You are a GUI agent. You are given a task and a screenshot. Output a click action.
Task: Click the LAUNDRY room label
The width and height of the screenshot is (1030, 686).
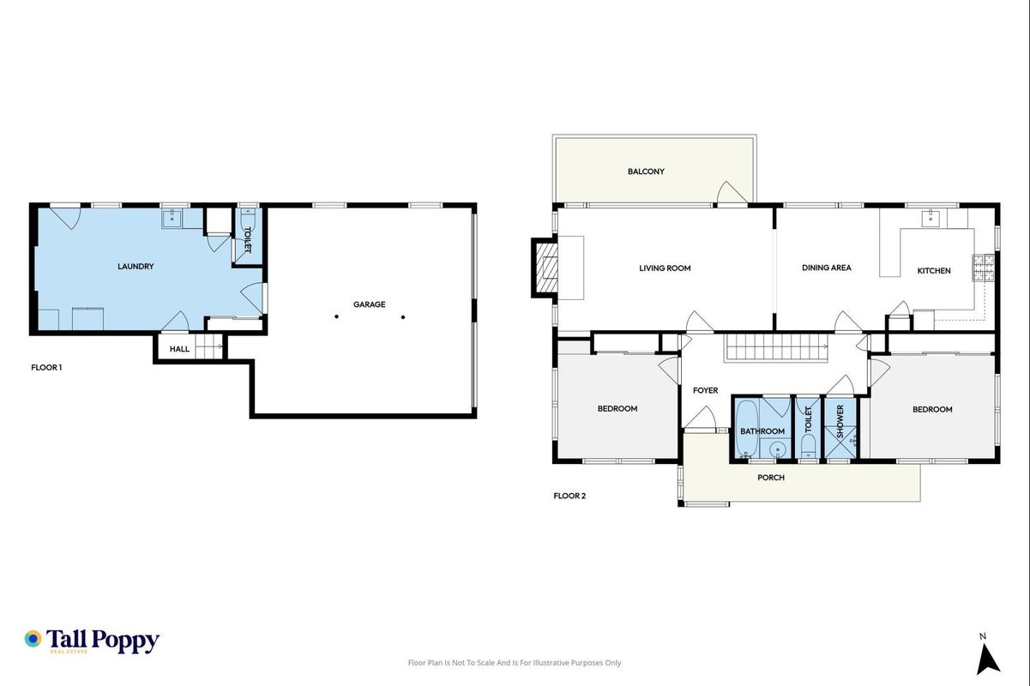tap(136, 266)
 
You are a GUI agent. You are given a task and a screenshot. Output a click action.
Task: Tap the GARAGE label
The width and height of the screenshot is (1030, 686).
tap(370, 304)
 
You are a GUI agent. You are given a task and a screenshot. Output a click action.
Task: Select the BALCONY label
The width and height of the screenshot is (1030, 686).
tap(646, 171)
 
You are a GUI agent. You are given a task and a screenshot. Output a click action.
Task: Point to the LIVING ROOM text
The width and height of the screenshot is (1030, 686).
tap(665, 268)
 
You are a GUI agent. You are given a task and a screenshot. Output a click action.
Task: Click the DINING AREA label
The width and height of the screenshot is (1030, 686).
tap(826, 268)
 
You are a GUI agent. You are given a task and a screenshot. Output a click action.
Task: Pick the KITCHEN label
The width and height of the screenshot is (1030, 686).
tap(934, 271)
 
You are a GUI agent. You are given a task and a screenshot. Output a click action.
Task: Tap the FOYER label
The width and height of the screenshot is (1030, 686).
tap(705, 390)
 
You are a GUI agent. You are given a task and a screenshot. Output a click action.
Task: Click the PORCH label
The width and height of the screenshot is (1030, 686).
tap(771, 478)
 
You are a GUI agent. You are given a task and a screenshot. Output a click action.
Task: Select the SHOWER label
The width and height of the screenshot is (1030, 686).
tap(840, 421)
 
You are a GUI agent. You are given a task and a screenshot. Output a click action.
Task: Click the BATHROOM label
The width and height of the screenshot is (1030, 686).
tap(762, 431)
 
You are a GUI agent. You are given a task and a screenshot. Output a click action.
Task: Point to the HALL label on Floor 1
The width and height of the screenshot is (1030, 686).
tap(179, 349)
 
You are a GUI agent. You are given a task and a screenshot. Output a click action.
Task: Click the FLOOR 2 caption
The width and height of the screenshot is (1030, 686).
tap(569, 496)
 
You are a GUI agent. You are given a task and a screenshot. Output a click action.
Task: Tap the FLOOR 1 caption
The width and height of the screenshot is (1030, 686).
tap(46, 367)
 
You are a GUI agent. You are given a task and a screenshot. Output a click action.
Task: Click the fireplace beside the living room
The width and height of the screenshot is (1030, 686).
tap(545, 268)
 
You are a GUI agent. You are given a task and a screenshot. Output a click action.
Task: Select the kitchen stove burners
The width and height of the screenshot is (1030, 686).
tap(983, 268)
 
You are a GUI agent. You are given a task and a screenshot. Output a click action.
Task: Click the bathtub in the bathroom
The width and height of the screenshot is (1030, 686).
tap(746, 429)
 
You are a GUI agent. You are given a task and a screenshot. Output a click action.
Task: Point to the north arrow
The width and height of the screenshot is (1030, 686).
tap(988, 659)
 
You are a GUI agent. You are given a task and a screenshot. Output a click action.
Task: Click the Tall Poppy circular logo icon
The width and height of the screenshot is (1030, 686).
tap(33, 639)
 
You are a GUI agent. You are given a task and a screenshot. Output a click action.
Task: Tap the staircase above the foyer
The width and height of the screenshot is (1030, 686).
tap(775, 347)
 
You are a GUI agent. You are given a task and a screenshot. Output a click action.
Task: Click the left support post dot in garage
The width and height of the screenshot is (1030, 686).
tap(336, 316)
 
